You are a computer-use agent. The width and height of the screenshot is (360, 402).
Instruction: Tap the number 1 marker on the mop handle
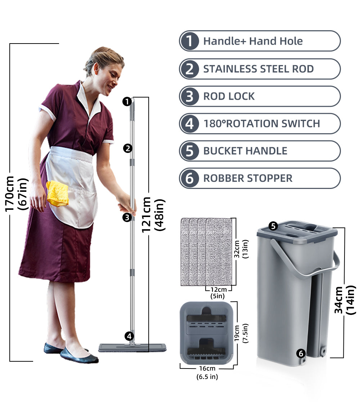click(126, 101)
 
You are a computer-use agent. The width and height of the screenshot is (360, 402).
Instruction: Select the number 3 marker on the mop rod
click(126, 217)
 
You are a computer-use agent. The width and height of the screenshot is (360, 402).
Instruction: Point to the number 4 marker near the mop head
click(129, 336)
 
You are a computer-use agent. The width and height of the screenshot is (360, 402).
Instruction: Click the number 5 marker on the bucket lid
click(273, 226)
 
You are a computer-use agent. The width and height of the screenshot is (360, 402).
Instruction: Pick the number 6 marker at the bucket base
click(301, 353)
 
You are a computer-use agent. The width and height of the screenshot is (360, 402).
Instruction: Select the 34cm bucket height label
click(339, 300)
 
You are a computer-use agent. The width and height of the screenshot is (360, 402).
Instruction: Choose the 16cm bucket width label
click(207, 369)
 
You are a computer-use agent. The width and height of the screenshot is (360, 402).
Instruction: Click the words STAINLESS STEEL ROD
click(258, 69)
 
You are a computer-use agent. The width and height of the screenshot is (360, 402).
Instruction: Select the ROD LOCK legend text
click(229, 96)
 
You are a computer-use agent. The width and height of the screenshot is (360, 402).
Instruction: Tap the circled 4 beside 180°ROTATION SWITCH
click(189, 124)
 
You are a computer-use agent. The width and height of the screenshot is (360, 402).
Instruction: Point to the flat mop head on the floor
click(132, 347)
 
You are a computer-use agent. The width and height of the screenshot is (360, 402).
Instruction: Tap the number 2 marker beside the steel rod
click(127, 148)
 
